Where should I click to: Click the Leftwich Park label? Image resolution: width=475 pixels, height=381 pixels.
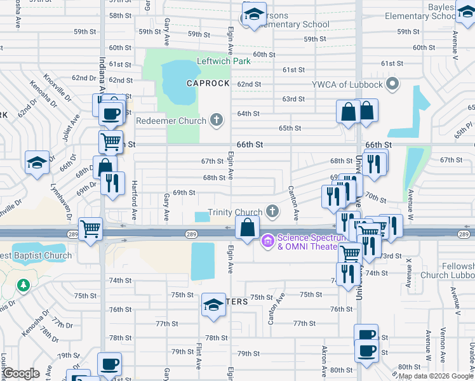224,62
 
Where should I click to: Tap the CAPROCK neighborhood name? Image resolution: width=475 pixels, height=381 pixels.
207,83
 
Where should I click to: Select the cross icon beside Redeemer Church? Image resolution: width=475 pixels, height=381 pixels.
217,120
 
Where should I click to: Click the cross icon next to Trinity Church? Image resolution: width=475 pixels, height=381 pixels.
272,211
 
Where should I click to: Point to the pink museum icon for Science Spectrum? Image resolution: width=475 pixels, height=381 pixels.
267,239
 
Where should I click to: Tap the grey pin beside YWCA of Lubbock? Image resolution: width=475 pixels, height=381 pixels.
392,83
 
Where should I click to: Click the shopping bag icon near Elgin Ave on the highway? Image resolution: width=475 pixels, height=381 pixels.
247,227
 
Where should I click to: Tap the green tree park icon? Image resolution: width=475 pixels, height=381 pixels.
23,285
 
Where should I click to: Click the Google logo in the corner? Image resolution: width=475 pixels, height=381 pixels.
21,373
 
